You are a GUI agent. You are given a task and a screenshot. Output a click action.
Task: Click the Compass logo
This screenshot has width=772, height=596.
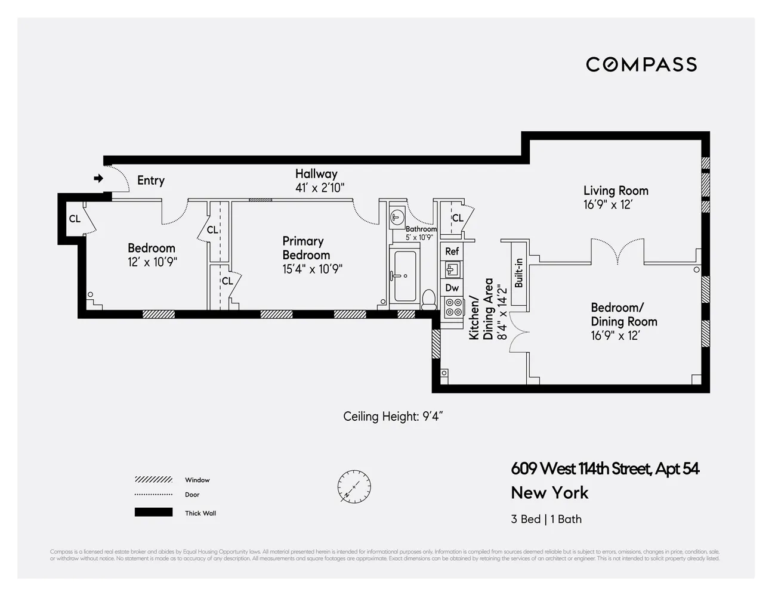click(x=641, y=64)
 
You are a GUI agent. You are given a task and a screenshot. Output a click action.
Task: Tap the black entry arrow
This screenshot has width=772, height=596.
click(x=98, y=178)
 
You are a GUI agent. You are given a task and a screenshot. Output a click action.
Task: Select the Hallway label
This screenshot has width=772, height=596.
click(x=316, y=174)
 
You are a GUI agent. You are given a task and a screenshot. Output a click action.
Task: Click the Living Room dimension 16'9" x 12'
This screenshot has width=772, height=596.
click(x=607, y=204)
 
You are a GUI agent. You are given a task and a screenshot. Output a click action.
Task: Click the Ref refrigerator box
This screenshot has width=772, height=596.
click(x=452, y=252)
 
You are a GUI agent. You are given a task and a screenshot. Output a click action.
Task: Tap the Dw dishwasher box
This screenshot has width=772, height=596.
click(x=452, y=288)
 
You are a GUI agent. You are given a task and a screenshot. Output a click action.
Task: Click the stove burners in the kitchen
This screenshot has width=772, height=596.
click(x=453, y=307)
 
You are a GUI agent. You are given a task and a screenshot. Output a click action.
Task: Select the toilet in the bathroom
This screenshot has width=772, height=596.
click(x=428, y=297)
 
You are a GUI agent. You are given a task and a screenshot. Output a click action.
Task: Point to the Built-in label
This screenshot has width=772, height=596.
click(x=518, y=273)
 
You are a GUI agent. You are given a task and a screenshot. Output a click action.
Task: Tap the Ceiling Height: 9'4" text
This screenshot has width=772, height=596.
click(x=393, y=416)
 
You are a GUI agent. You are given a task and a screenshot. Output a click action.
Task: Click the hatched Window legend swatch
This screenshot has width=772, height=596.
click(x=153, y=480)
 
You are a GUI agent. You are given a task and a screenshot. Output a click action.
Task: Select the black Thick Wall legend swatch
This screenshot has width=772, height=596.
click(x=153, y=513)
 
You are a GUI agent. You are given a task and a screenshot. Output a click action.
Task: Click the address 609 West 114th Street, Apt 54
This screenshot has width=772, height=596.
click(x=605, y=469)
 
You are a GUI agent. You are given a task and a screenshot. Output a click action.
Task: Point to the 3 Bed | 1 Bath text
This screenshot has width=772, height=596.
click(x=546, y=519)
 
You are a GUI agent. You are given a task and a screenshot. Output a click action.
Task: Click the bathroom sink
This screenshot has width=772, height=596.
click(x=397, y=218)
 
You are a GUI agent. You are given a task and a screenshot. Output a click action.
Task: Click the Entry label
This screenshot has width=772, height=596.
click(x=150, y=181)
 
